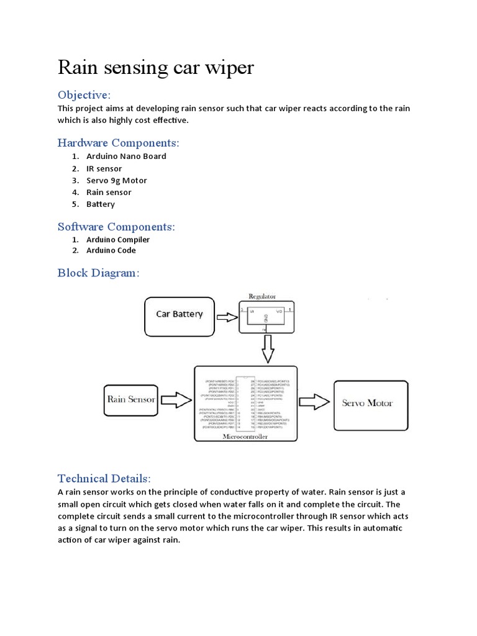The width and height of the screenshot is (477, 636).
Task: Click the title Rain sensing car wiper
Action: (x=156, y=67)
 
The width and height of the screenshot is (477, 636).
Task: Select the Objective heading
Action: (x=84, y=95)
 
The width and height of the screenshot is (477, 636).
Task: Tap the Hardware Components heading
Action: (x=118, y=143)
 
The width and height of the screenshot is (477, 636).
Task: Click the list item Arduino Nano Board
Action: (x=126, y=157)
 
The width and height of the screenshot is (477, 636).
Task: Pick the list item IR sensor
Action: (x=104, y=168)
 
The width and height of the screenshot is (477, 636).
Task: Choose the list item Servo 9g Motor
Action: (x=116, y=180)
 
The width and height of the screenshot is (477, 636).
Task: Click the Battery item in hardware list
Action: (x=101, y=204)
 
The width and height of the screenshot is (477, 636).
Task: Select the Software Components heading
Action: (x=116, y=227)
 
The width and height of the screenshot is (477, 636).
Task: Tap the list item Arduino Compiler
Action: (x=118, y=240)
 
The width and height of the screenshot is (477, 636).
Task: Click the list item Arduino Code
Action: (x=111, y=251)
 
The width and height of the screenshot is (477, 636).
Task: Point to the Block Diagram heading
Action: (x=98, y=273)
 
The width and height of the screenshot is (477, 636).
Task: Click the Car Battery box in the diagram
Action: (x=179, y=314)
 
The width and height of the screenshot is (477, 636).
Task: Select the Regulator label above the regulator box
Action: (x=262, y=297)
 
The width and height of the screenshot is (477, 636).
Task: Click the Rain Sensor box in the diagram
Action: (x=130, y=399)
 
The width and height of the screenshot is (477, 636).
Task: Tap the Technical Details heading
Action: (x=104, y=478)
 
